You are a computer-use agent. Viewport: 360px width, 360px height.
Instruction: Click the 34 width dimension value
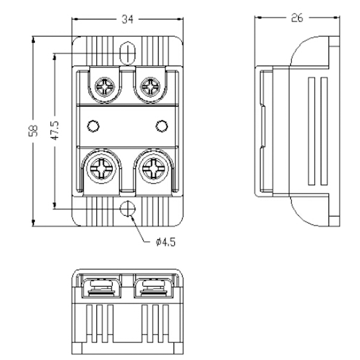pyautogui.click(x=127, y=19)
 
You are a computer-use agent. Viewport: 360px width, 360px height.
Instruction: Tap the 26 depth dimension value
pyautogui.click(x=296, y=18)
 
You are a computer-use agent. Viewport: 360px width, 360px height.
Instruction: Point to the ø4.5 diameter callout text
pyautogui.click(x=165, y=242)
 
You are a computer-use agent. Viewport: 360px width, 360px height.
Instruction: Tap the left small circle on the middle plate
pyautogui.click(x=92, y=125)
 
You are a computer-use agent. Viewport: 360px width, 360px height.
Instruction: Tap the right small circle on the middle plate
pyautogui.click(x=160, y=125)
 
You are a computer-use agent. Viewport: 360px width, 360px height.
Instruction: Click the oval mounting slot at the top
pyautogui.click(x=127, y=52)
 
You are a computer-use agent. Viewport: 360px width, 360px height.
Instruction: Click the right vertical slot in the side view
pyautogui.click(x=325, y=131)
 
